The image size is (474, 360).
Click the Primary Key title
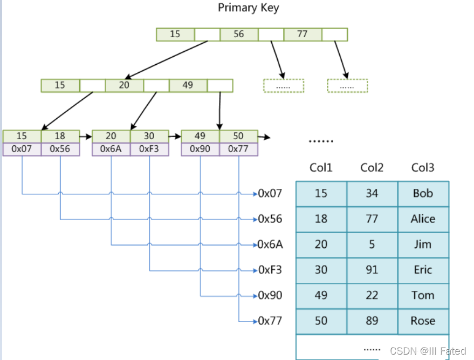(249, 8)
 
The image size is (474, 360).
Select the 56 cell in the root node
(239, 34)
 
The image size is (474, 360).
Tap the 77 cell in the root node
(303, 34)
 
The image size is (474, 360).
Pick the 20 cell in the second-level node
(124, 85)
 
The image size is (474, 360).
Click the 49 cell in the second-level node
(188, 85)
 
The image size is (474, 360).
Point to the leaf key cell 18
(60, 136)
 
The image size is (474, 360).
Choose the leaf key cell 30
(149, 136)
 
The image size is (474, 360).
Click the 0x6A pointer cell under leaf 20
(111, 149)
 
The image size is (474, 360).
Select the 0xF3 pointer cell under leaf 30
(149, 149)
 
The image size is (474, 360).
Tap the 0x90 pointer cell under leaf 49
(200, 149)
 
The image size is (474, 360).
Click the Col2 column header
(372, 168)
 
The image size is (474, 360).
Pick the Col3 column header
(423, 168)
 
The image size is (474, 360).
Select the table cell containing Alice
(423, 219)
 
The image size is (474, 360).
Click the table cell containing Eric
(423, 270)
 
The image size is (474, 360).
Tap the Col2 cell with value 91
(372, 270)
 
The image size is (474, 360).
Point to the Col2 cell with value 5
(372, 244)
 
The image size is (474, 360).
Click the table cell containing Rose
(423, 321)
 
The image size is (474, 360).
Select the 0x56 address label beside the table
(270, 219)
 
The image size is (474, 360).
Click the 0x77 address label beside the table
(270, 321)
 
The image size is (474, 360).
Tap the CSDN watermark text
(427, 351)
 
